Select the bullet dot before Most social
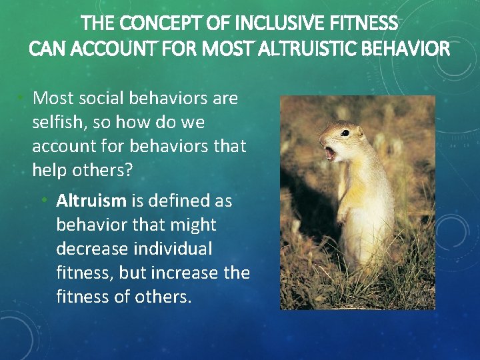(21, 99)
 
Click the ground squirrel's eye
(345, 133)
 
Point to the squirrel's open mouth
(329, 153)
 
